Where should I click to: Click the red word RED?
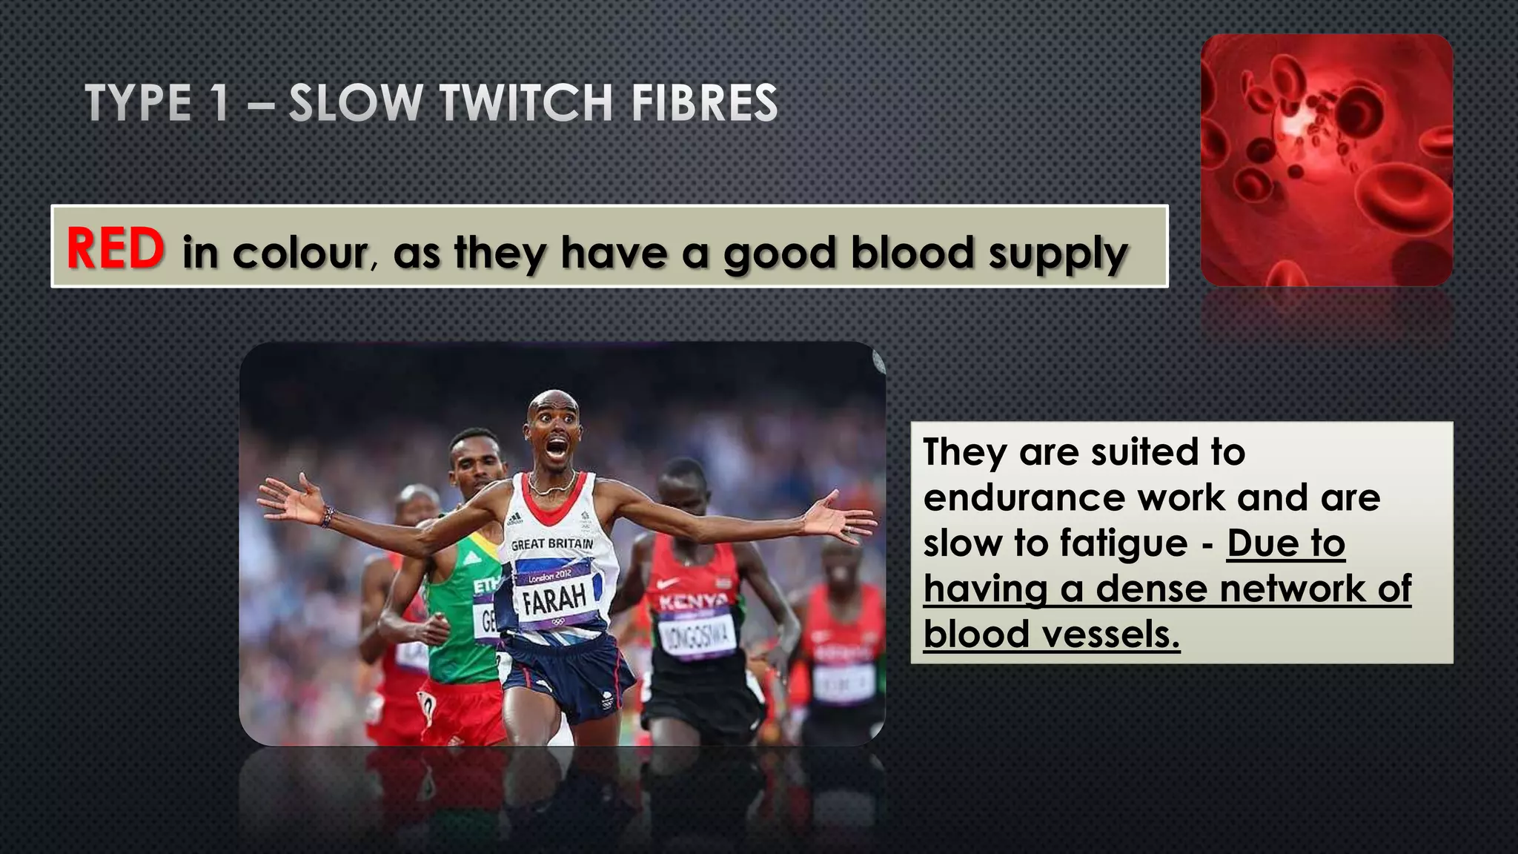click(x=116, y=248)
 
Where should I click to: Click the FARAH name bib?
click(x=554, y=598)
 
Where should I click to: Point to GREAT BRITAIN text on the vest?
click(x=552, y=544)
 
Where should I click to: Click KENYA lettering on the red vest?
click(x=694, y=600)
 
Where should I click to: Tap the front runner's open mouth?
click(x=557, y=448)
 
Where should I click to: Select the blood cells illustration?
click(x=1326, y=160)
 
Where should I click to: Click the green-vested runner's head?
click(x=474, y=454)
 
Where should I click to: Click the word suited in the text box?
click(x=1144, y=451)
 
